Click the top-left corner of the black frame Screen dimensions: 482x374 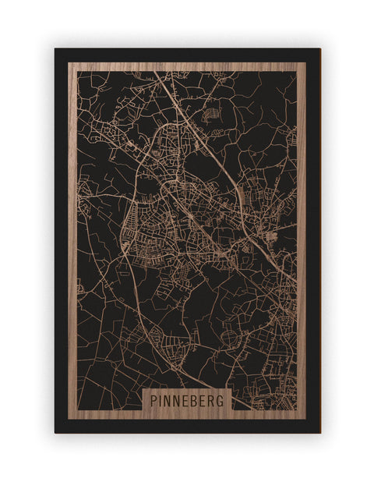55,49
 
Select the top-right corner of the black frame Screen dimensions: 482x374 319,49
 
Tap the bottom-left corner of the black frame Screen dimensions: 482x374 55,433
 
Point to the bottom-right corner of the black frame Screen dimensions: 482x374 319,433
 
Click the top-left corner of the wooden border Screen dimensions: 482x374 68,62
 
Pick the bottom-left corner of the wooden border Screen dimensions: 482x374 68,419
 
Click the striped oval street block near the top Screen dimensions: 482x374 210,114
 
